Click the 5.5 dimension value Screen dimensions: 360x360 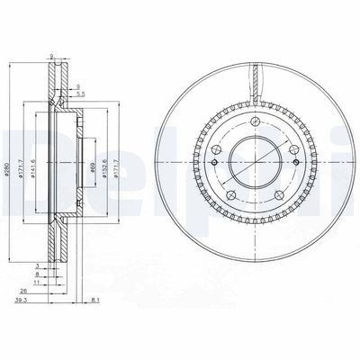[81, 94]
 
